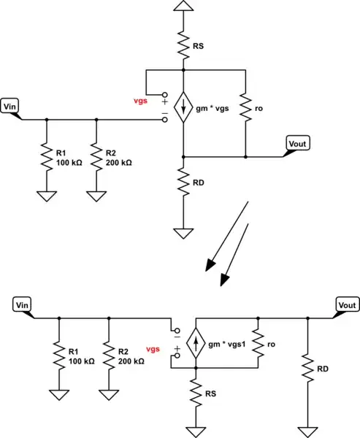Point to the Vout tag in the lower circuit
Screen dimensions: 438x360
[x=345, y=304]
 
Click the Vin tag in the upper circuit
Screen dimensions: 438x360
[x=10, y=107]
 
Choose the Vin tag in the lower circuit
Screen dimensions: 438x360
[x=22, y=304]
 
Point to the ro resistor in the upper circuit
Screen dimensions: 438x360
[x=246, y=108]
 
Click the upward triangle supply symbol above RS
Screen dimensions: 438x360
[x=183, y=7]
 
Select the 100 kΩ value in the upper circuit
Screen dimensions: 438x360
[x=70, y=162]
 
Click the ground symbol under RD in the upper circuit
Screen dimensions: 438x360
[x=183, y=234]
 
